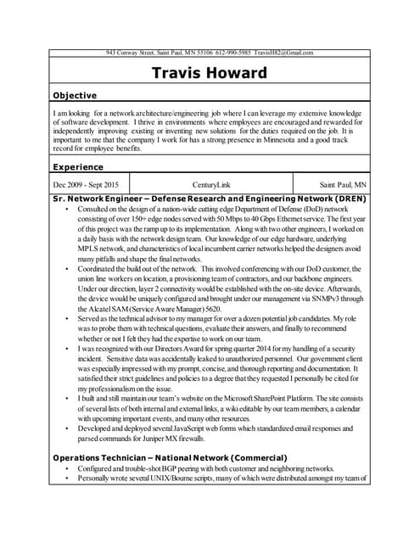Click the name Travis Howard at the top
(209, 73)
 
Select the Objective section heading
(75, 95)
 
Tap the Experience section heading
(78, 167)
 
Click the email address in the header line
(284, 53)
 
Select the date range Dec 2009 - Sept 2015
(86, 184)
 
